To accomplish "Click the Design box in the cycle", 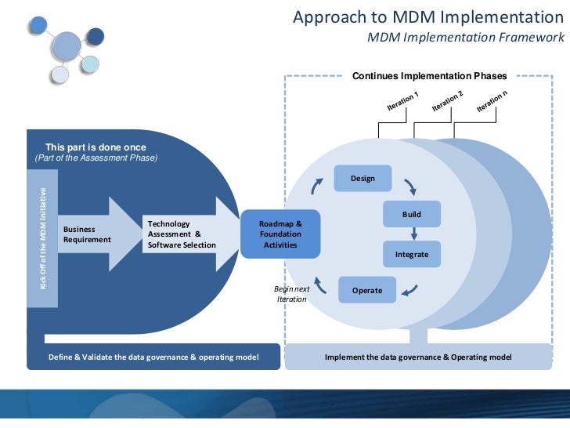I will click(363, 178).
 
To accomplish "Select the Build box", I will click(411, 214).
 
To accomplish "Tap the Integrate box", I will click(411, 254).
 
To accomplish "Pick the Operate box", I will click(366, 290).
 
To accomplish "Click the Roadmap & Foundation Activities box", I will click(280, 234).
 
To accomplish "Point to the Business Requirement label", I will click(87, 234).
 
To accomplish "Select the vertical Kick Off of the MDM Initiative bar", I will click(43, 238).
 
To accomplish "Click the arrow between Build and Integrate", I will click(413, 233).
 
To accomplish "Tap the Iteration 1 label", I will click(403, 101).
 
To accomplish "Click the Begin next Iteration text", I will click(292, 294).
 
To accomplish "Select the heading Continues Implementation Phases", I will click(429, 76).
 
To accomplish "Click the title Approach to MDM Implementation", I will click(427, 17).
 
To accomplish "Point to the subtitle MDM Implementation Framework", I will click(465, 38).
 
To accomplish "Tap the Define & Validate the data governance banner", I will click(153, 357).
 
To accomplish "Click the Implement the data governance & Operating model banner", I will click(417, 357).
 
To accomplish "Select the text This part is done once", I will click(96, 147).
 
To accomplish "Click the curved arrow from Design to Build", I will click(409, 186).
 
